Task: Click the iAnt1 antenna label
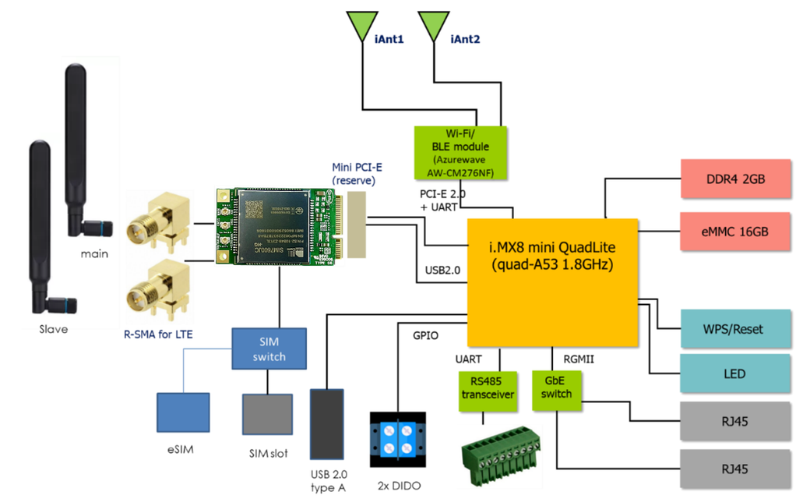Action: click(x=389, y=38)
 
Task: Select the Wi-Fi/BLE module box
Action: click(x=460, y=153)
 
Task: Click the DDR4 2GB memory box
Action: click(x=736, y=179)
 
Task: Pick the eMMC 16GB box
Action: click(x=736, y=231)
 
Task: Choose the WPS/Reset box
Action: click(x=736, y=329)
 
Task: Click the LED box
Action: click(x=736, y=373)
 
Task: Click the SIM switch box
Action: click(x=269, y=349)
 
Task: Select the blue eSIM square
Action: click(x=183, y=412)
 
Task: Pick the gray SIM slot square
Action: click(x=267, y=414)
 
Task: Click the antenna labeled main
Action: click(x=79, y=148)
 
